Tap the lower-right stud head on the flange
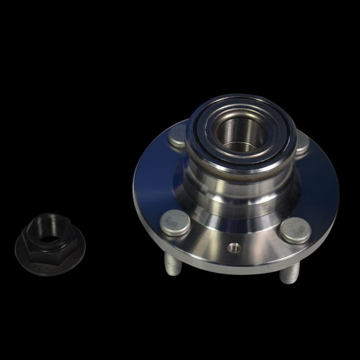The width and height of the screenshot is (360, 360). pos(294,229)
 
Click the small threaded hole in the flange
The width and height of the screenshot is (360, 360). pos(236,247)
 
